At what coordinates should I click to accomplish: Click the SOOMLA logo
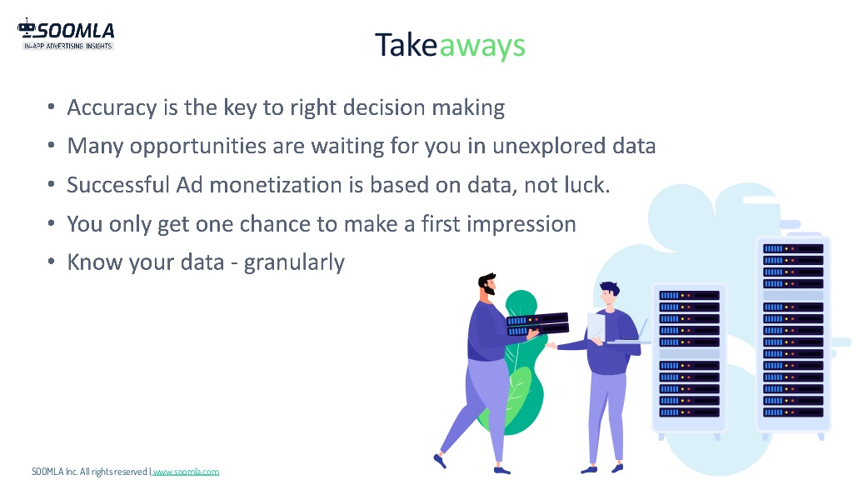click(x=66, y=34)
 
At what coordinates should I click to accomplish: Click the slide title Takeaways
click(x=450, y=46)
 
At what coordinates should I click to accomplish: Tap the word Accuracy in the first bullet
click(x=112, y=107)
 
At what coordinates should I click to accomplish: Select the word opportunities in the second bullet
click(x=198, y=147)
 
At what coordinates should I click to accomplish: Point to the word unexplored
click(x=549, y=147)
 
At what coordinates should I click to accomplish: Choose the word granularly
click(x=294, y=262)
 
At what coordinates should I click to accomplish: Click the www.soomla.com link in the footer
click(x=186, y=472)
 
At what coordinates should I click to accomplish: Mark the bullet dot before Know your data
click(x=51, y=262)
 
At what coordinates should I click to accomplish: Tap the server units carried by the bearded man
click(x=537, y=323)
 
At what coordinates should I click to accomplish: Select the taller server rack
click(x=793, y=337)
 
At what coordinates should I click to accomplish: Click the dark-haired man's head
click(x=609, y=294)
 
